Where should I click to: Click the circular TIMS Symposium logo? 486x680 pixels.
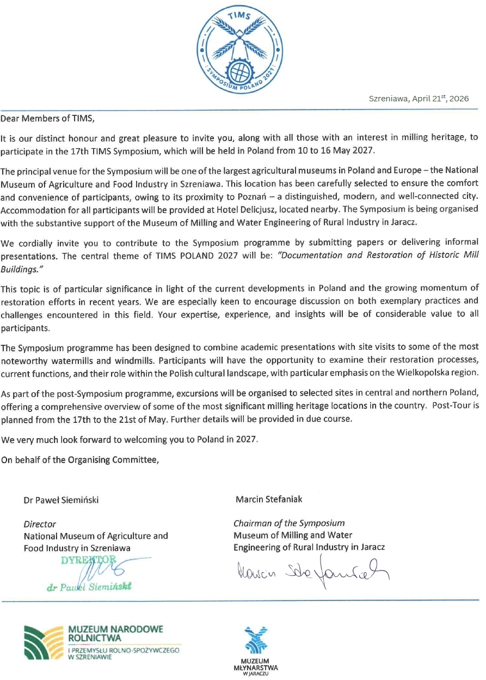239,48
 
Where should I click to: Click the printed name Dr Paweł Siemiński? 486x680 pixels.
61,500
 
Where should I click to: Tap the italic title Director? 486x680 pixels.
40,524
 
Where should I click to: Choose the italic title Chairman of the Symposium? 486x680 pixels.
289,524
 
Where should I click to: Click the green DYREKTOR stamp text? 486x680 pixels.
89,560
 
